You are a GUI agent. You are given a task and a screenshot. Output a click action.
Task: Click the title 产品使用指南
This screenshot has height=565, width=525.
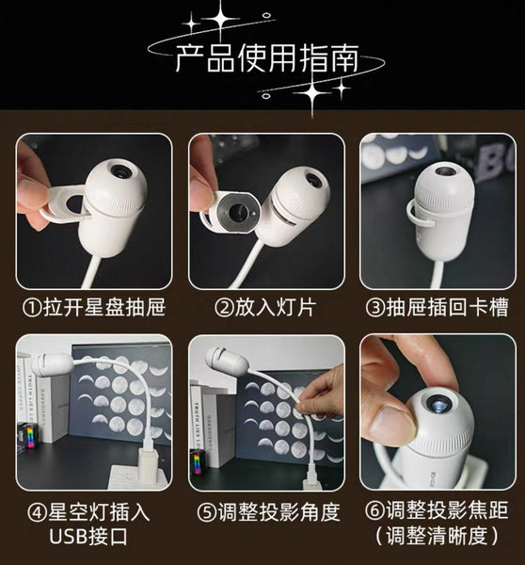pyautogui.click(x=267, y=58)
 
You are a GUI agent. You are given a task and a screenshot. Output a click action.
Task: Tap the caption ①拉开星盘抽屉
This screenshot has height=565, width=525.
pyautogui.click(x=94, y=307)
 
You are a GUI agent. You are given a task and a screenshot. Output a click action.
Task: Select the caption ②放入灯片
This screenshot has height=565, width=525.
pyautogui.click(x=265, y=307)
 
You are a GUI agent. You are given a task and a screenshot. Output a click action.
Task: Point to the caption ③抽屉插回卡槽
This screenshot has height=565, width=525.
pyautogui.click(x=437, y=307)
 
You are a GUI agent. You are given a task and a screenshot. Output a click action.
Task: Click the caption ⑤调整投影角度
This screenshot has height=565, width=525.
pyautogui.click(x=269, y=511)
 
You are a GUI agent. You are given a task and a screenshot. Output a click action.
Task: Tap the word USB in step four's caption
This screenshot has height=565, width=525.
pyautogui.click(x=67, y=537)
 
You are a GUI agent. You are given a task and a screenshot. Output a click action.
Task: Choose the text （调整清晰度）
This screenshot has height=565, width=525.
pyautogui.click(x=437, y=536)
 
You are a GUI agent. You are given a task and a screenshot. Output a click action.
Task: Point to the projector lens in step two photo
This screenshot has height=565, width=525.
pyautogui.click(x=313, y=180)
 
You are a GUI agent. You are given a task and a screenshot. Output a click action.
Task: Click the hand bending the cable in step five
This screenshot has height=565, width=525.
pyautogui.click(x=322, y=393)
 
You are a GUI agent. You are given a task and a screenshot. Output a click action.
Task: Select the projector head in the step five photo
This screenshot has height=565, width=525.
pyautogui.click(x=227, y=362)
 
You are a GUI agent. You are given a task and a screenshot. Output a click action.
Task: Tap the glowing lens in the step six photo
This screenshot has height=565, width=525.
pyautogui.click(x=438, y=404)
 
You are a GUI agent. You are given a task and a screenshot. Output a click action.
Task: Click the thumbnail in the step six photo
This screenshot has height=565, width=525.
pyautogui.click(x=390, y=422)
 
